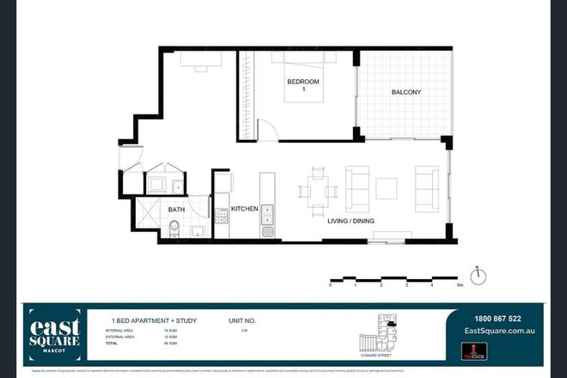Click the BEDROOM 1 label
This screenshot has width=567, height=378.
tap(302, 86)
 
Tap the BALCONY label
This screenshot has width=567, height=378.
tap(405, 92)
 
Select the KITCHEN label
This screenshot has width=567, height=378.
tap(245, 208)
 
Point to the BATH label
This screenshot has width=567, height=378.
tap(177, 209)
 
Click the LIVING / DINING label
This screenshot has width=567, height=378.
tap(351, 221)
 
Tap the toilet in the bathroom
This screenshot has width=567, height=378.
tap(174, 229)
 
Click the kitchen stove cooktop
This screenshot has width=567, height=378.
tap(222, 216)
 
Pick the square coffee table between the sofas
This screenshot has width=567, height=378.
tap(387, 188)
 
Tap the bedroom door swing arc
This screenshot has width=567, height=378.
tap(267, 131)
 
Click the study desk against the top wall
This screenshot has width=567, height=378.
tap(201, 59)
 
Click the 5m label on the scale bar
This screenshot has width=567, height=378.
tap(460, 285)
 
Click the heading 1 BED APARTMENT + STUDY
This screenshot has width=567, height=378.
tap(149, 320)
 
